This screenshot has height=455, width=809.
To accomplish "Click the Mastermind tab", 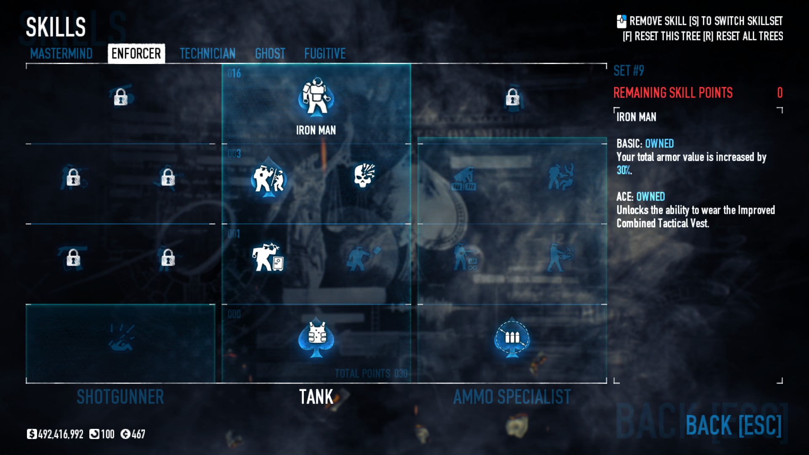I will [61, 54].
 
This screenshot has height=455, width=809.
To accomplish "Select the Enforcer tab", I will [136, 54].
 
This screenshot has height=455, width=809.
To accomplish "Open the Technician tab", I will [207, 54].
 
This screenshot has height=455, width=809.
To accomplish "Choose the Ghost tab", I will [270, 54].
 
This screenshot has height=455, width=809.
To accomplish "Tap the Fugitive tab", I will [325, 54].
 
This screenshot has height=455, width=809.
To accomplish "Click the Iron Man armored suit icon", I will [316, 97].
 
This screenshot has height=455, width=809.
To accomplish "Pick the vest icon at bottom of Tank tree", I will [316, 337].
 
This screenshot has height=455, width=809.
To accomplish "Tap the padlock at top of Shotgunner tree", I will [121, 97].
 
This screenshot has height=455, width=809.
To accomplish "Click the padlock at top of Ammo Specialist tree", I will [512, 98].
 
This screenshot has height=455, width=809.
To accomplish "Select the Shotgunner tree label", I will [120, 397].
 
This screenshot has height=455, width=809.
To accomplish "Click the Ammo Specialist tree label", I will [512, 397].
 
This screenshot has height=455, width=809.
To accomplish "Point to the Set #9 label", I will [629, 71].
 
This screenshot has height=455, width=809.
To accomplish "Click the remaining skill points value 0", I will [780, 93].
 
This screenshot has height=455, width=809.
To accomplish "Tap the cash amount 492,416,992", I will [61, 434].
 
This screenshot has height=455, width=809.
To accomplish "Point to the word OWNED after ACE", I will [651, 197].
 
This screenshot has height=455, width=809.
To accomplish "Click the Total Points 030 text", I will [371, 374].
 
